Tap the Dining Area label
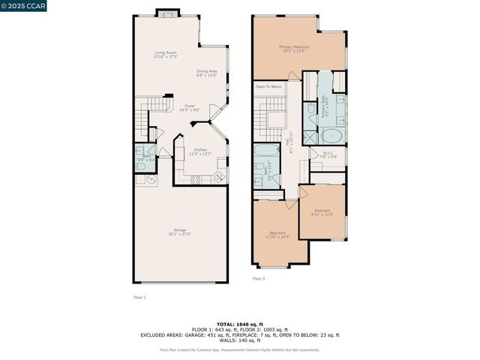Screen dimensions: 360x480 (x=206, y=73)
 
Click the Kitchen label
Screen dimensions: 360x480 (x=200, y=151)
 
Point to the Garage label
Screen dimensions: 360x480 (x=181, y=231)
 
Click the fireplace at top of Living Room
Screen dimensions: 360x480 (x=167, y=13)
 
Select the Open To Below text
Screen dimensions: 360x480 (x=268, y=86)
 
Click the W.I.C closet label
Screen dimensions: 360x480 (x=328, y=155)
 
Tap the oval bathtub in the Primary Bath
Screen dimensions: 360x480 (x=330, y=136)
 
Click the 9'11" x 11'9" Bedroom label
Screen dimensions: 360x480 (x=322, y=212)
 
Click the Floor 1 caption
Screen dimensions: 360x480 (x=139, y=298)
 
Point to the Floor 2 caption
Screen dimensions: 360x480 (x=259, y=278)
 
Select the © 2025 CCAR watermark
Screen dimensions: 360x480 (x=24, y=6)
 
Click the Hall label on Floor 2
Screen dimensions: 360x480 (x=289, y=142)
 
